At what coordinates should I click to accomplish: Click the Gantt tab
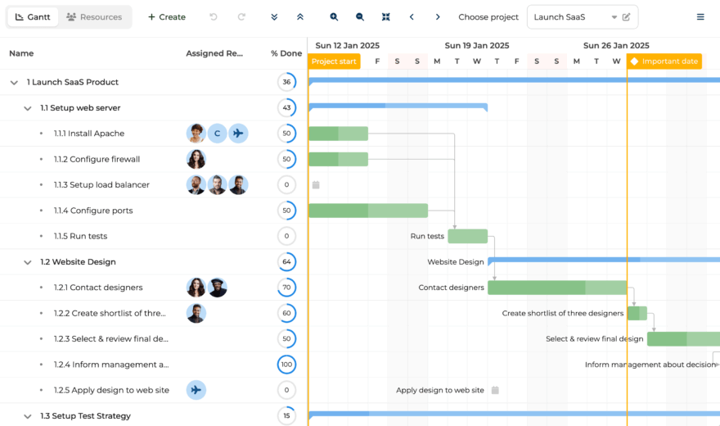(x=33, y=17)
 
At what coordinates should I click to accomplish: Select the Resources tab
(x=94, y=17)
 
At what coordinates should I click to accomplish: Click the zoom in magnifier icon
(x=334, y=17)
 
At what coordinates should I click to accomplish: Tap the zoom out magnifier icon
(x=359, y=17)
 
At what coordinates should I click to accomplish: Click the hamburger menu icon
(x=700, y=17)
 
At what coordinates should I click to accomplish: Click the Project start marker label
(x=334, y=61)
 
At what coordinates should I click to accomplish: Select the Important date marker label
(x=664, y=61)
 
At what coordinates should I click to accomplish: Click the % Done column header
(x=286, y=53)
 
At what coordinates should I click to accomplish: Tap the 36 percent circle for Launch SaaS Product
(x=286, y=82)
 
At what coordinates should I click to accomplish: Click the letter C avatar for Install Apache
(x=217, y=134)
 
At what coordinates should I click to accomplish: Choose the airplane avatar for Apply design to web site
(x=196, y=390)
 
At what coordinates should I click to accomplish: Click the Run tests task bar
(x=467, y=236)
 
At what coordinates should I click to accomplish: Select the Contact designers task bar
(x=557, y=288)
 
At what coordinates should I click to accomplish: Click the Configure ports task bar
(x=368, y=211)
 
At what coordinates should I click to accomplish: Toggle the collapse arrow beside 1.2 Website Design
(x=28, y=262)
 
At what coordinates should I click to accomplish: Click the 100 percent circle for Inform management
(x=286, y=365)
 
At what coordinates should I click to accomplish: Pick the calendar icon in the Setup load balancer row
(x=316, y=185)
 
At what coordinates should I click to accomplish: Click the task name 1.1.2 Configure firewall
(x=97, y=159)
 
